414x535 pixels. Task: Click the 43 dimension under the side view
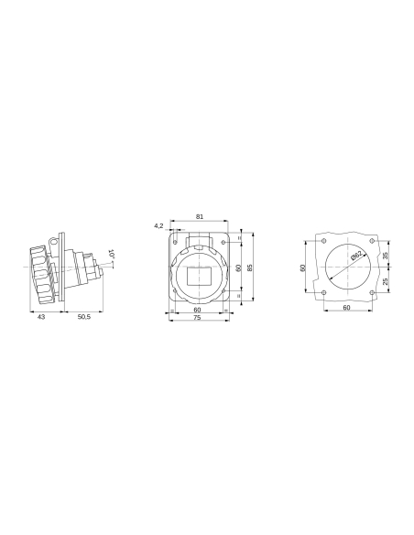(41, 316)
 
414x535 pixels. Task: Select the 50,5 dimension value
(83, 316)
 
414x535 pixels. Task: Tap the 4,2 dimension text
(158, 224)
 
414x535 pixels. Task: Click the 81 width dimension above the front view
(200, 217)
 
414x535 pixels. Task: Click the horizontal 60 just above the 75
(198, 310)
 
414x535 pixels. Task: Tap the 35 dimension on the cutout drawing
(385, 256)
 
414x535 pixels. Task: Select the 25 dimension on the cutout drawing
(385, 281)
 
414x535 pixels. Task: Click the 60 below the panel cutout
(346, 308)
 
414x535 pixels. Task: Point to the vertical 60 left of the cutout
(303, 267)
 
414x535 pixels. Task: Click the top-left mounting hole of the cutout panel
(324, 242)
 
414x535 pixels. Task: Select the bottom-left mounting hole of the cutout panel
(324, 292)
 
